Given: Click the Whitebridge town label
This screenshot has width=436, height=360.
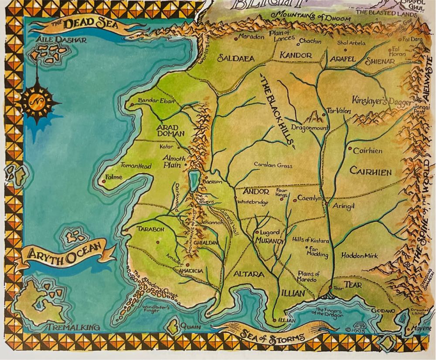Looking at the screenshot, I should (253, 202).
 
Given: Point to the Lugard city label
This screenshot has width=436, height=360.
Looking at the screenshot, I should (270, 232).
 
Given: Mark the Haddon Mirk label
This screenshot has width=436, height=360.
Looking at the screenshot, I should (360, 255).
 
